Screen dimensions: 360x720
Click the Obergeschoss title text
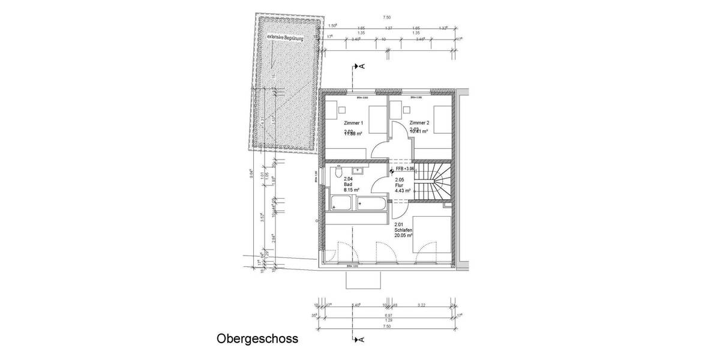[257, 339]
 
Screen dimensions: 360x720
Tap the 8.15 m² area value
[351, 190]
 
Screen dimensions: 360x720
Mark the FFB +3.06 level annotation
[404, 170]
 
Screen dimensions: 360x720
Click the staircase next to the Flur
[433, 184]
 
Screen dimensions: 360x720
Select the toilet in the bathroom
[340, 173]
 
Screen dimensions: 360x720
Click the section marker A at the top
[359, 66]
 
